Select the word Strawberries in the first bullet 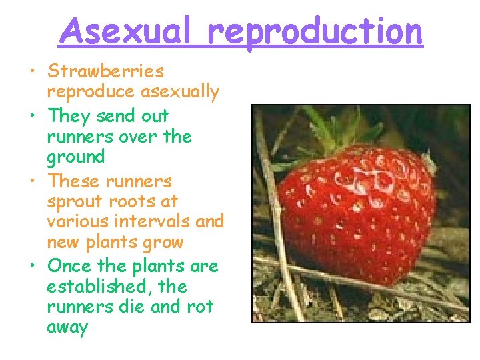pyautogui.click(x=105, y=71)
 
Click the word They pyautogui.click(x=69, y=116)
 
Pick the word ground pyautogui.click(x=76, y=157)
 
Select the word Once pyautogui.click(x=70, y=265)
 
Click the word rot pyautogui.click(x=201, y=307)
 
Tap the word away pyautogui.click(x=67, y=327)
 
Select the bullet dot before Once pyautogui.click(x=32, y=266)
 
